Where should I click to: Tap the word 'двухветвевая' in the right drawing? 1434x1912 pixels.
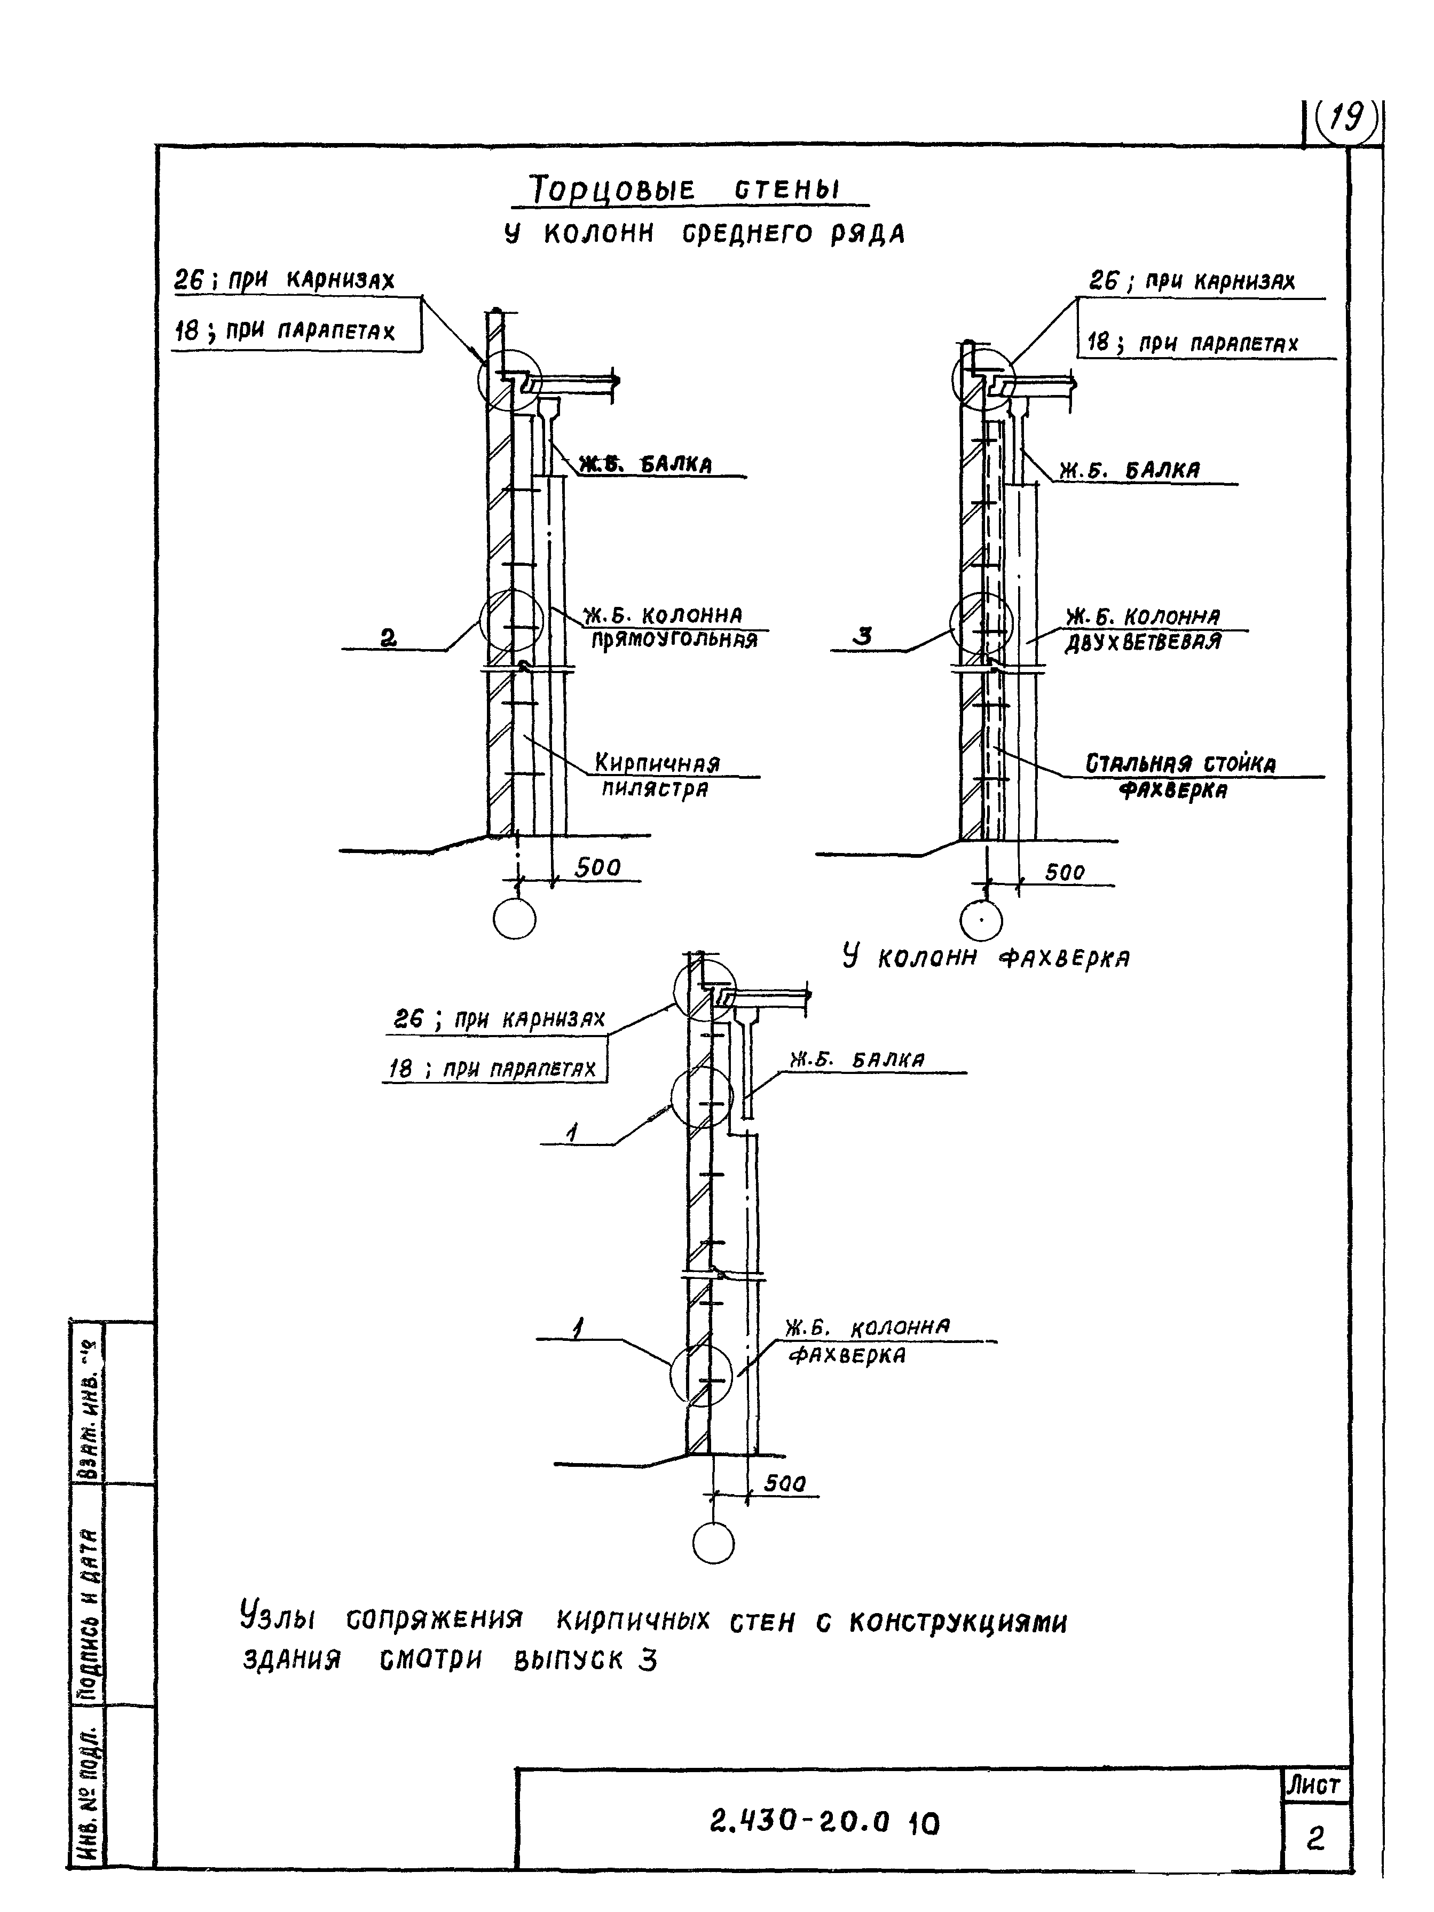pos(1142,642)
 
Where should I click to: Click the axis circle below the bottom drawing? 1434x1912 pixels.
pos(714,1544)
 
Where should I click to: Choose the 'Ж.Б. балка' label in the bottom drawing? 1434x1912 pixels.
pos(856,1060)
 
